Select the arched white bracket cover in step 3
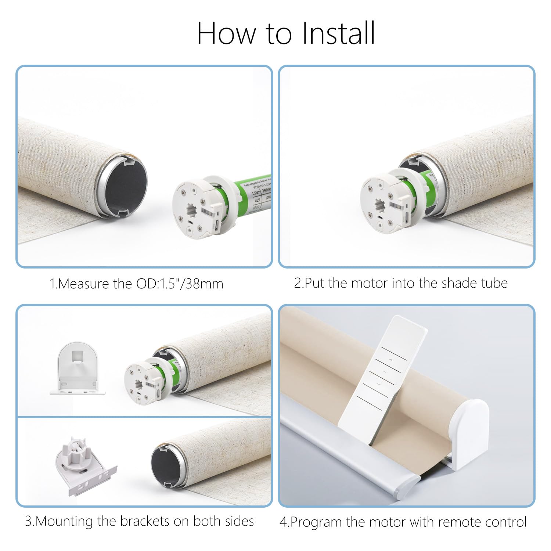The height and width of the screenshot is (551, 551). (78, 367)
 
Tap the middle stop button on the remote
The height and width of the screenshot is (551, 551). (385, 371)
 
